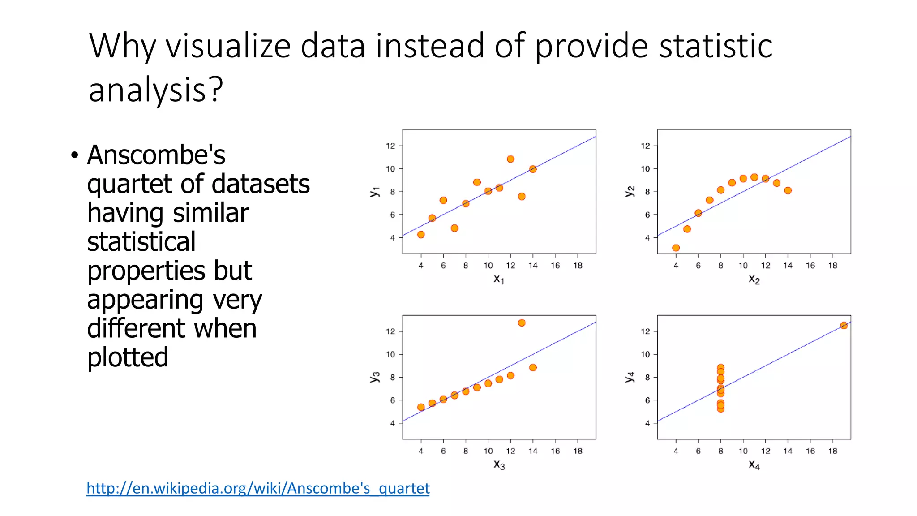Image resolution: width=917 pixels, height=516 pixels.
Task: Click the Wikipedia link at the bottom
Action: point(258,488)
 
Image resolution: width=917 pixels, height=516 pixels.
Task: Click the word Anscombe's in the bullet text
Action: point(156,155)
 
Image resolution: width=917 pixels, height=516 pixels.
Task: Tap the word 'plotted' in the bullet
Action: point(128,357)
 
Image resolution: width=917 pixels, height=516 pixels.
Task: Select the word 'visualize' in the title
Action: point(228,46)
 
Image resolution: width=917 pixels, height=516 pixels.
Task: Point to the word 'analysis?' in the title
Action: point(155,90)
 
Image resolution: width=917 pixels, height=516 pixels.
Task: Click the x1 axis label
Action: point(499,279)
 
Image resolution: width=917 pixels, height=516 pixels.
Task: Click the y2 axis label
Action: point(630,191)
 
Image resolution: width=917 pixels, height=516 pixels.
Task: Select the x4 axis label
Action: point(754,465)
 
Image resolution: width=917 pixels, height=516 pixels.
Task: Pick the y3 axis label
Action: point(375,377)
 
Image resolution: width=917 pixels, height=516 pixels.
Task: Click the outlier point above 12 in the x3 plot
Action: point(522,323)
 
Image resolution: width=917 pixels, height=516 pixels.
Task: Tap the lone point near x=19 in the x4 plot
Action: point(844,326)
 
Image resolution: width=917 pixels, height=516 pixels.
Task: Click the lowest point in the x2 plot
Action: point(676,248)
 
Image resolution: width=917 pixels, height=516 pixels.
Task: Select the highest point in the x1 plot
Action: point(510,159)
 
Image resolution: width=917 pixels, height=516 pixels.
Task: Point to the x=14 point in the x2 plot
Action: point(788,190)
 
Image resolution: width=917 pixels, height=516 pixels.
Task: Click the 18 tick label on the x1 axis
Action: point(578,266)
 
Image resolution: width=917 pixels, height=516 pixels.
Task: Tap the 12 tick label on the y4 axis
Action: point(645,331)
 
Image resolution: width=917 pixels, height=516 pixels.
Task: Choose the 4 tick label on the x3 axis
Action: point(421,451)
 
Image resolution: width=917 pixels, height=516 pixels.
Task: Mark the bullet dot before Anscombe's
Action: point(74,156)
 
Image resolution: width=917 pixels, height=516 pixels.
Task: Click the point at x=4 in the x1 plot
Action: point(421,234)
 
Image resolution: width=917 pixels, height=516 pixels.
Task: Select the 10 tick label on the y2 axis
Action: point(645,169)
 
